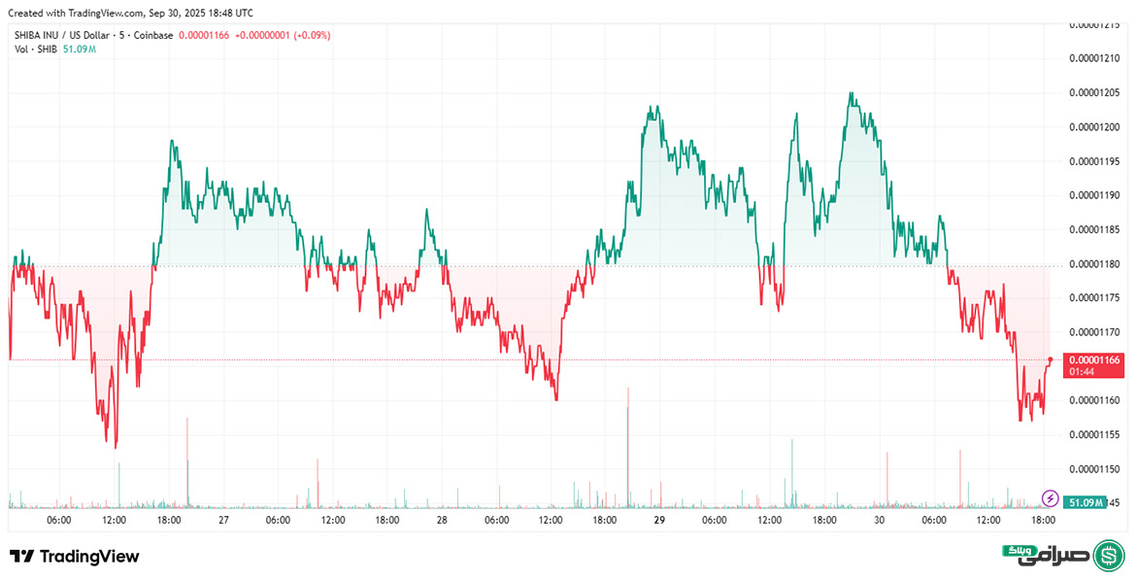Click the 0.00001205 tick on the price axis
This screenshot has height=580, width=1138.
(1092, 92)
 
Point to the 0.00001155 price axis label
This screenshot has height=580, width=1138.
(1092, 434)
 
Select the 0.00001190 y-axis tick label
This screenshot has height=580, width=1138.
(1092, 195)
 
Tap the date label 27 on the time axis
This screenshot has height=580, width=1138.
(223, 521)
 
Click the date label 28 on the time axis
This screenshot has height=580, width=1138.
(442, 521)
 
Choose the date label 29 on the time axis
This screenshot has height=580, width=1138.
(659, 521)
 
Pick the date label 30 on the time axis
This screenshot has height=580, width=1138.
(878, 521)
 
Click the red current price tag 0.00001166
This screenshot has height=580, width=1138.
(1093, 360)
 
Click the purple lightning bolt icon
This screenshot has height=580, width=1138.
(1050, 498)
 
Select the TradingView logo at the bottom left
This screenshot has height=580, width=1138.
(75, 557)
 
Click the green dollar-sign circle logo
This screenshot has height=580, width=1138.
(1109, 556)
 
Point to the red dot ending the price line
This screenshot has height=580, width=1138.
(1050, 359)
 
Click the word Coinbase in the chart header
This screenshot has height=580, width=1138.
(153, 35)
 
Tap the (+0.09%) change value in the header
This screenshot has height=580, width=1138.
(310, 35)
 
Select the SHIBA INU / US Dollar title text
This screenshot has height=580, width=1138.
(60, 35)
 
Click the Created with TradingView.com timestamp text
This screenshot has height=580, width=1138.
(131, 13)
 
